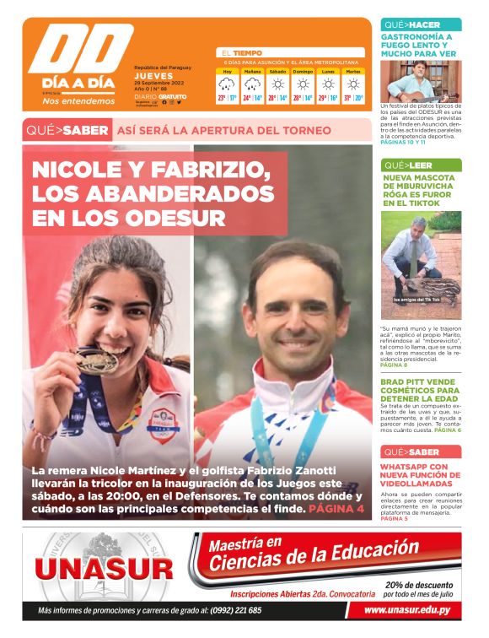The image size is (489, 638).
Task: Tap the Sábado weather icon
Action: tap(277, 84)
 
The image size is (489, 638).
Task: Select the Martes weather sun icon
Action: tap(352, 84)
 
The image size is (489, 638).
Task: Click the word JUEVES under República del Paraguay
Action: tap(153, 76)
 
